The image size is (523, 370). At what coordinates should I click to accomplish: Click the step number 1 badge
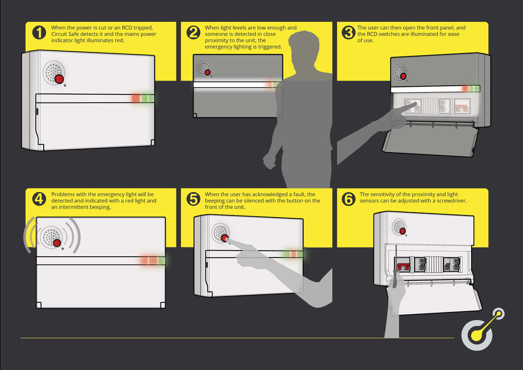[39, 32]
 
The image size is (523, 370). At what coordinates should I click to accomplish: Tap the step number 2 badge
[193, 32]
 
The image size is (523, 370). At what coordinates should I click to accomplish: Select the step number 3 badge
[349, 32]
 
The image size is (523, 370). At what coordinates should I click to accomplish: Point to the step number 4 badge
[39, 199]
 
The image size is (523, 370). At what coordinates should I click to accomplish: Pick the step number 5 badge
[193, 199]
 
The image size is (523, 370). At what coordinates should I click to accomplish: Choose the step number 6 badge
[349, 199]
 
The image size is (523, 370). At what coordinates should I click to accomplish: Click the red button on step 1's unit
[59, 79]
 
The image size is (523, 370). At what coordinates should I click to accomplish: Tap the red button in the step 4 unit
[57, 243]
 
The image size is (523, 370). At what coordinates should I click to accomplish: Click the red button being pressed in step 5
[225, 238]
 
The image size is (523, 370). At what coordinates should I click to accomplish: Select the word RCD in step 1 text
[127, 27]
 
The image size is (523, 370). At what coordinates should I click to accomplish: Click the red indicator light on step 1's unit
[136, 99]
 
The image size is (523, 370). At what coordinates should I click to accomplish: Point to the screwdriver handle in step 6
[395, 278]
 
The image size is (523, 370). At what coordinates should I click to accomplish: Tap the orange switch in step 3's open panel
[462, 108]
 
